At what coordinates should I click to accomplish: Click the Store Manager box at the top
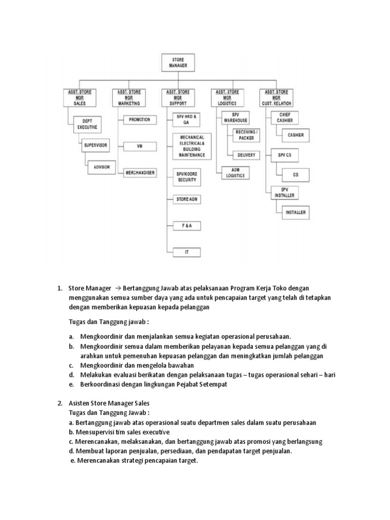click(x=178, y=62)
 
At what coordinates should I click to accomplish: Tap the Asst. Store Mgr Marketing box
click(x=129, y=97)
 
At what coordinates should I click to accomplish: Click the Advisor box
click(x=102, y=167)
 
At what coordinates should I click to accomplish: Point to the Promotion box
click(x=139, y=120)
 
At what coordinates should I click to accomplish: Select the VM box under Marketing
click(x=139, y=146)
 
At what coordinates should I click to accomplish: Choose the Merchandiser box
click(x=140, y=173)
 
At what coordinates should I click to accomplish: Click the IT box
click(x=186, y=252)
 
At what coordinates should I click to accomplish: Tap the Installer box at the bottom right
click(x=296, y=212)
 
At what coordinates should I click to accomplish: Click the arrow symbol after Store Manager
click(x=118, y=288)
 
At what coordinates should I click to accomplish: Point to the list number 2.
click(x=59, y=403)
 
